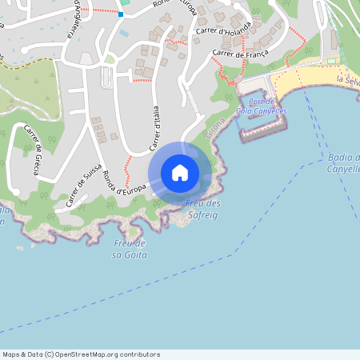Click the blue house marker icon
point(180,173)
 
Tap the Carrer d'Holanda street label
point(238,33)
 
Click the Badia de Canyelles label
point(343,163)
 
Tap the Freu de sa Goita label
point(129,248)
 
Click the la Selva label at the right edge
point(348,81)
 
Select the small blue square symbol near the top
point(121,14)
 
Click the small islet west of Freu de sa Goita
point(19,248)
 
